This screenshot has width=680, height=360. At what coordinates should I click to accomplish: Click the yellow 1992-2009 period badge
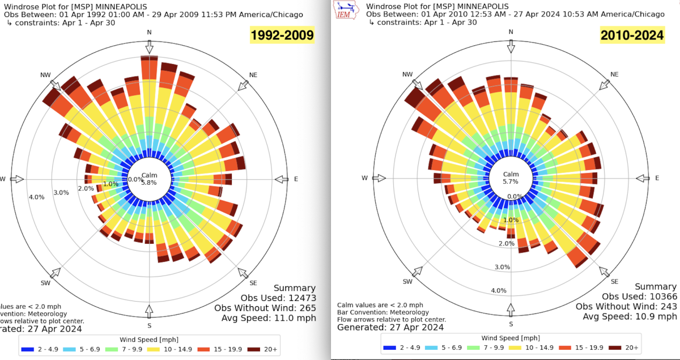pyautogui.click(x=282, y=36)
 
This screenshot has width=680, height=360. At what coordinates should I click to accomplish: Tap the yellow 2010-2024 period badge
pyautogui.click(x=632, y=36)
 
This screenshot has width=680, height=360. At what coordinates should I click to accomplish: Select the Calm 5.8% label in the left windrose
pyautogui.click(x=150, y=179)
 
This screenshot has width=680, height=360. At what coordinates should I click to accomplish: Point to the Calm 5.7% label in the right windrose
pyautogui.click(x=511, y=178)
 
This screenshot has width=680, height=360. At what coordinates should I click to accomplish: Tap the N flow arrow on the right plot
pyautogui.click(x=511, y=48)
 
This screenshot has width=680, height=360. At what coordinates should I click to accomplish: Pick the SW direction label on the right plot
pyautogui.click(x=407, y=282)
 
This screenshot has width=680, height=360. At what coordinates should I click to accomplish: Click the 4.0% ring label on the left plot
pyautogui.click(x=36, y=197)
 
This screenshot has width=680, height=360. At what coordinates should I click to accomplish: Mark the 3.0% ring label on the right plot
pyautogui.click(x=502, y=266)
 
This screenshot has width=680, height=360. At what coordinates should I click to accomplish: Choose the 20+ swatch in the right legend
pyautogui.click(x=614, y=348)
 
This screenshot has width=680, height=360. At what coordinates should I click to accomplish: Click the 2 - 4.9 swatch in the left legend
pyautogui.click(x=28, y=348)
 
